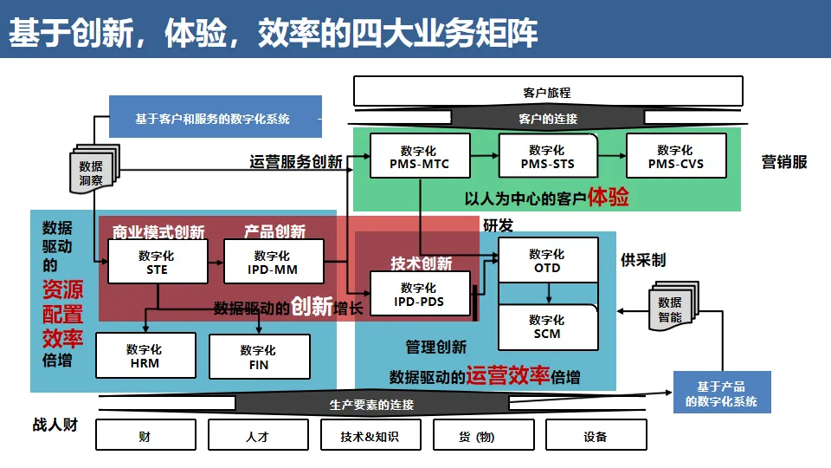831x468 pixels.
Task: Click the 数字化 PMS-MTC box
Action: (420, 156)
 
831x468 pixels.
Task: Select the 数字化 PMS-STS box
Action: (547, 156)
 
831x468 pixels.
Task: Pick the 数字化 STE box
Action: (157, 262)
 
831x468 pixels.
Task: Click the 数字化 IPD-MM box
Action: (273, 262)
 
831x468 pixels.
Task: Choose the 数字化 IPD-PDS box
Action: (419, 294)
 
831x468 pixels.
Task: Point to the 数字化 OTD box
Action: (547, 260)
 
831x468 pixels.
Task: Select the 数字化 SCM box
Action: (547, 326)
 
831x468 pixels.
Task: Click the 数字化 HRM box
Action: (145, 355)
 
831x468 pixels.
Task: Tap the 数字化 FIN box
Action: (258, 356)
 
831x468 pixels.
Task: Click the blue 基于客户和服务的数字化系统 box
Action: (215, 118)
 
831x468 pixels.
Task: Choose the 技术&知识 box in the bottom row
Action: (370, 436)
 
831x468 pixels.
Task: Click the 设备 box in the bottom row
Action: (596, 436)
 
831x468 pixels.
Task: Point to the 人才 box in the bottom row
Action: (258, 436)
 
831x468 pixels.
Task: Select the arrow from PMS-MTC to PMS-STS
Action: (485, 156)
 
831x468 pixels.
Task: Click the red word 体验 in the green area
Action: (609, 197)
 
